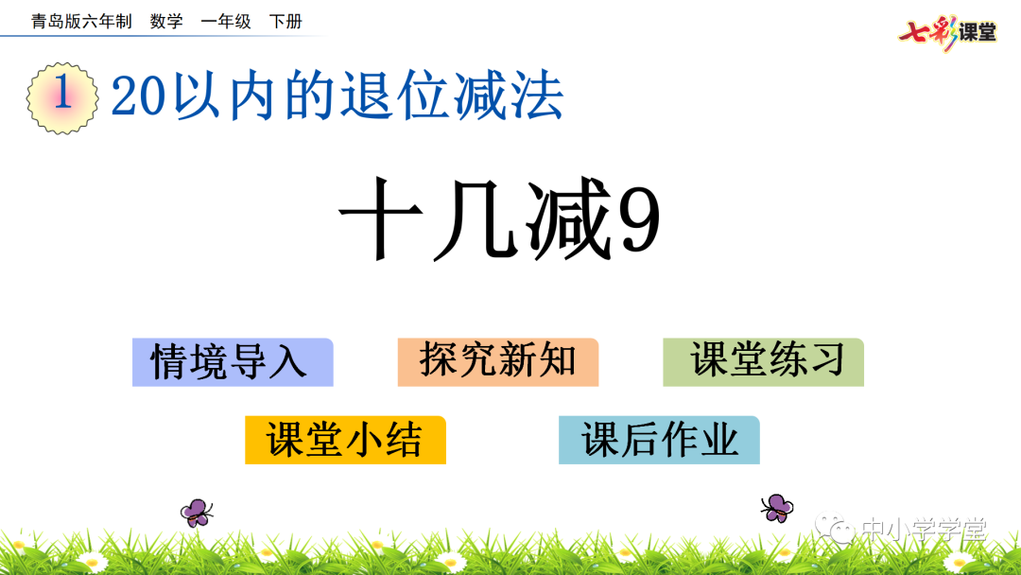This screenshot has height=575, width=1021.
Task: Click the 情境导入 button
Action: pos(233,362)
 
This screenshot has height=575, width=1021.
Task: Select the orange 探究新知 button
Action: pos(498,362)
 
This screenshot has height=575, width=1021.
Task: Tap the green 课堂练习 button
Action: pos(764,362)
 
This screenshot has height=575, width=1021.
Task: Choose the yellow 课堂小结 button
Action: pos(345,440)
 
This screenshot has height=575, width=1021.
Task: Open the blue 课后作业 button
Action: pos(659,440)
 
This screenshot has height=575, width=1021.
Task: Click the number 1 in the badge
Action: pos(63,96)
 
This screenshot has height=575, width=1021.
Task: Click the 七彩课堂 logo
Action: pos(947,31)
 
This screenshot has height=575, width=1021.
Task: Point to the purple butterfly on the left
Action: pos(197,512)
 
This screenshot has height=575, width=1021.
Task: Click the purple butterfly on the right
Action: pos(777,507)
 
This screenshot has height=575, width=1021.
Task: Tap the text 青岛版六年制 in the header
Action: pos(81,22)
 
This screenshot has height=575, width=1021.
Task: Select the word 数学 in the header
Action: pos(166,22)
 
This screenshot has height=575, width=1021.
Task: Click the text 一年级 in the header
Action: pos(226,22)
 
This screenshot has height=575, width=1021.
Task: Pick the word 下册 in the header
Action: pos(286,22)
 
